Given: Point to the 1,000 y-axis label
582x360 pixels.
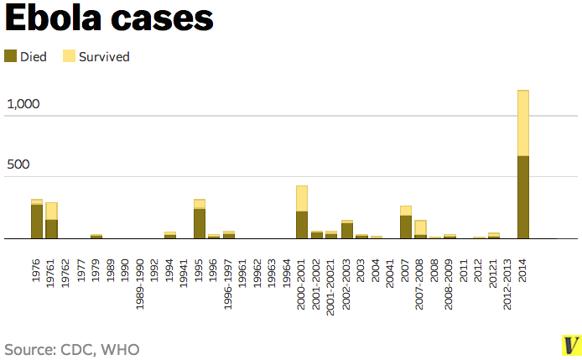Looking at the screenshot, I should click(23, 104).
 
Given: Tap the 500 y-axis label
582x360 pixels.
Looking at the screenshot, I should click(18, 164).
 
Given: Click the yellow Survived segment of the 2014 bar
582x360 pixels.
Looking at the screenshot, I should click(523, 123).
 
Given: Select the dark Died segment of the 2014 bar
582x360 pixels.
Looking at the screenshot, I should click(523, 197).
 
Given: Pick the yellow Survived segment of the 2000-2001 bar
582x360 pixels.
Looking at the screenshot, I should click(302, 199).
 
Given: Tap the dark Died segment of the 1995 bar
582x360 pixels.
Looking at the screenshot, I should click(200, 223).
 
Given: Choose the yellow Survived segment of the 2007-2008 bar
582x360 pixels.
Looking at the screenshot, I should click(420, 227).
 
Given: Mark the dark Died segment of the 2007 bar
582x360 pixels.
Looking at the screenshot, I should click(406, 227).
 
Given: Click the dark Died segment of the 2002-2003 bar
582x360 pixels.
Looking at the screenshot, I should click(346, 231).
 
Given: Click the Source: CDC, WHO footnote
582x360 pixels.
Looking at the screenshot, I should click(72, 348).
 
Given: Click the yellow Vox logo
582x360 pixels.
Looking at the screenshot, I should click(571, 345).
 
